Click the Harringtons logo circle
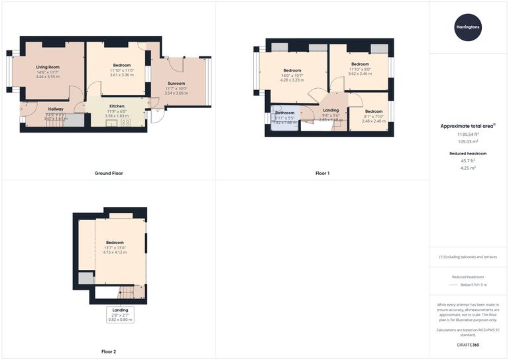(468, 27)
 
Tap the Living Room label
(48, 67)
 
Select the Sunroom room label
(176, 84)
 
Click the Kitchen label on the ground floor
(117, 106)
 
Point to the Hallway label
(55, 109)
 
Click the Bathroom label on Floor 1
(284, 113)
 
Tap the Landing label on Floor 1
(331, 110)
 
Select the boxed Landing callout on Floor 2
(121, 314)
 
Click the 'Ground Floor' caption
(109, 173)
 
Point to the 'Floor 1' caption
(322, 173)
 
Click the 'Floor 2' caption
(109, 351)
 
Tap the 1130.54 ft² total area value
(468, 134)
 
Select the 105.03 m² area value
(468, 141)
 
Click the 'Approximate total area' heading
(467, 125)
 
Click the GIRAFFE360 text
(468, 345)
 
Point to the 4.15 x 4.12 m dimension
(114, 253)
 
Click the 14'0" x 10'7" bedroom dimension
(292, 76)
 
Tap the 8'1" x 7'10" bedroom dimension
(374, 116)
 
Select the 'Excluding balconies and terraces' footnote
(468, 257)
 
